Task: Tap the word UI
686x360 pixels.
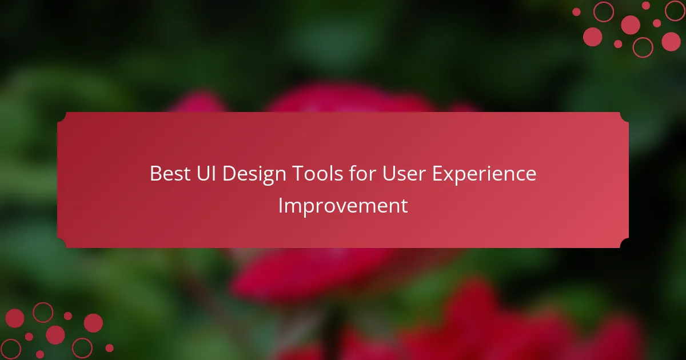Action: click(206, 174)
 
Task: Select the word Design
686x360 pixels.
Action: click(254, 174)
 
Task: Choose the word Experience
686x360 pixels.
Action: click(484, 174)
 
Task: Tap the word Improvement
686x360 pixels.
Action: click(343, 206)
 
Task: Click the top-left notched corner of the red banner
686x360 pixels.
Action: click(62, 117)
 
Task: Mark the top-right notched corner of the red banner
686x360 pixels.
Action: click(624, 117)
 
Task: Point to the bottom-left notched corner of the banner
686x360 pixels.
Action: click(62, 243)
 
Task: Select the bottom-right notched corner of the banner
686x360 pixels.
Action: click(624, 243)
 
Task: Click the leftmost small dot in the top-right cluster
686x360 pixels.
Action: click(576, 12)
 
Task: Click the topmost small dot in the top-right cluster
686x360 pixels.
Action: click(646, 6)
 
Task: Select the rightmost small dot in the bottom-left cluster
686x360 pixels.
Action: click(109, 348)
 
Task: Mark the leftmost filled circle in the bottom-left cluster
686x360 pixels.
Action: click(15, 318)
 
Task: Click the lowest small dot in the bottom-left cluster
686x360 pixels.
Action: click(40, 354)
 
